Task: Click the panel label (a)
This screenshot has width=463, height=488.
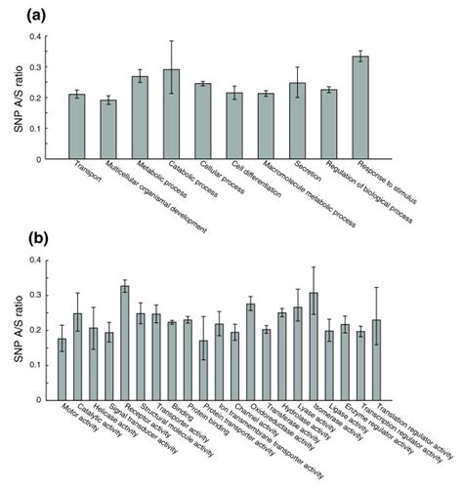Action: point(17,14)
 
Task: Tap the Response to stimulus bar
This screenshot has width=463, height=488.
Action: point(360,107)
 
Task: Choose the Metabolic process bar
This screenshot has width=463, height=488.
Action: point(140,118)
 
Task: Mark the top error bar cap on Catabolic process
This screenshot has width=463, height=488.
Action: point(171,41)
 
